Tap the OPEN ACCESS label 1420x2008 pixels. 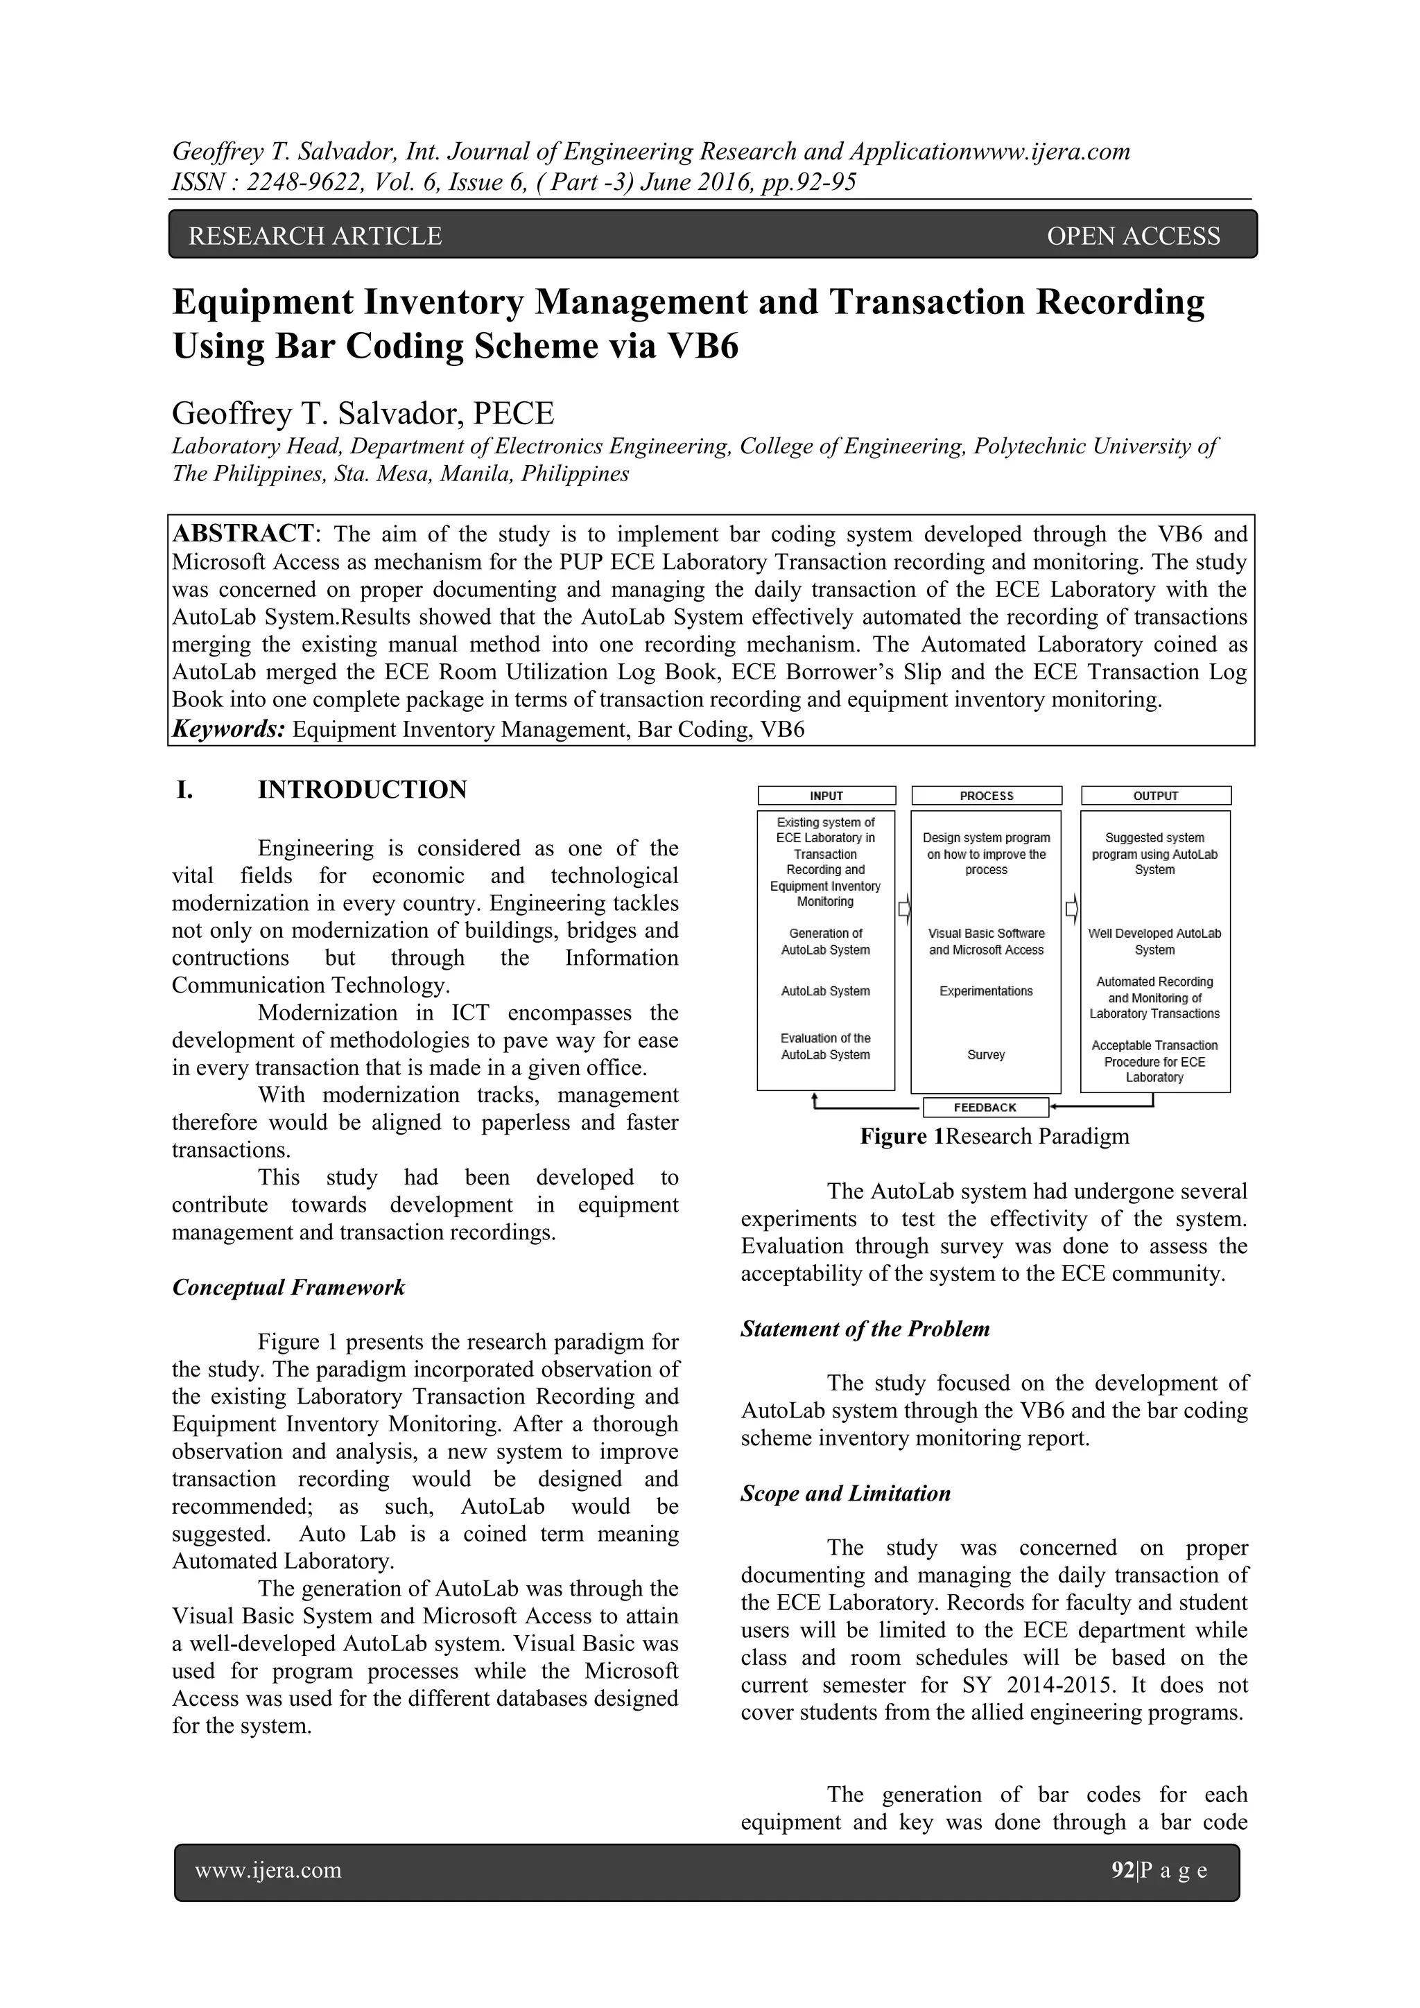(1132, 236)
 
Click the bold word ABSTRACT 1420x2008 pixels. (243, 534)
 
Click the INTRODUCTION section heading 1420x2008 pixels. (362, 789)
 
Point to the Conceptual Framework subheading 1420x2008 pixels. (288, 1287)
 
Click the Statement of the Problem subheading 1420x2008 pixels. (865, 1329)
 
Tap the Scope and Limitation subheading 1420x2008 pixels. (845, 1493)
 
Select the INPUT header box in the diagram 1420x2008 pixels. (826, 796)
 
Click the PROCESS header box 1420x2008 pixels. (986, 796)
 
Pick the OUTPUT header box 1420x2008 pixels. (1155, 796)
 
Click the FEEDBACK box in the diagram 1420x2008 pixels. (985, 1107)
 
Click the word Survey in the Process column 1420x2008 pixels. (986, 1055)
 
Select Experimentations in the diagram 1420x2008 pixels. (986, 991)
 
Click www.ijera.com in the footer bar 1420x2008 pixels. (268, 1871)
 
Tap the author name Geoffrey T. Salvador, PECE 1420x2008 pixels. (363, 413)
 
